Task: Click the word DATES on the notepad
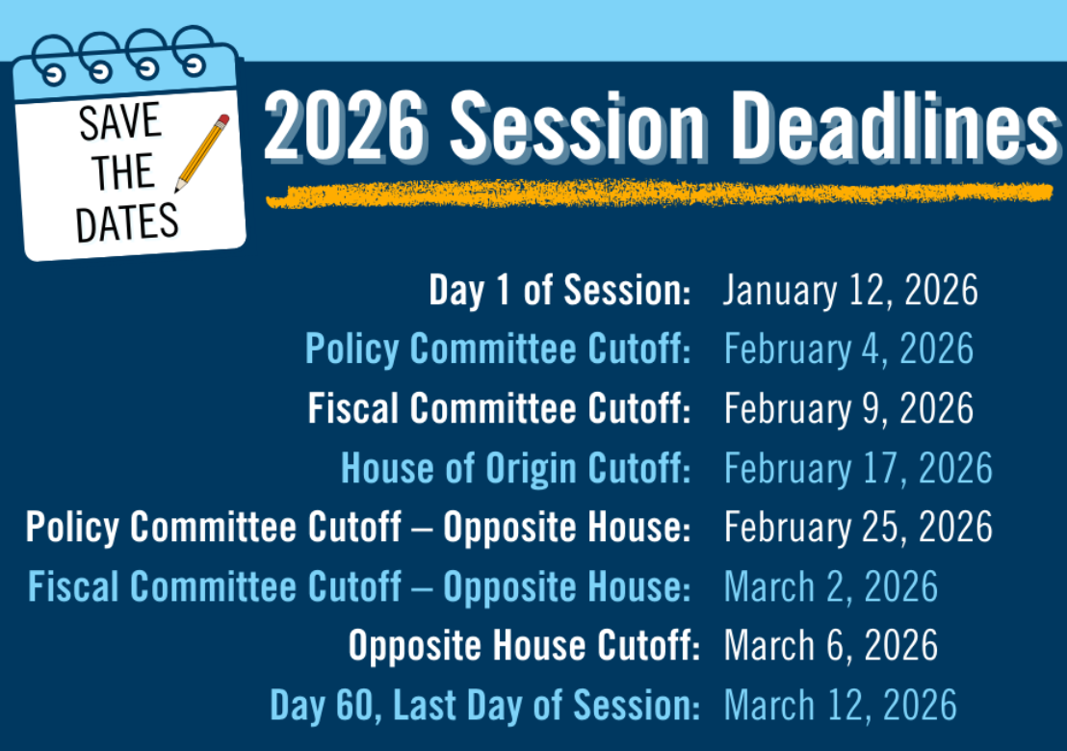pos(127,223)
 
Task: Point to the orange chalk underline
pos(659,194)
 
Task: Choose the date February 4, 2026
pos(847,350)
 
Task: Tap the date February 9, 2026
pos(847,409)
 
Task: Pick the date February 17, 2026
pos(857,469)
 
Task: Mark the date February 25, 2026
pos(857,528)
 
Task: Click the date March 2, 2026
pos(830,587)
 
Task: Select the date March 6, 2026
pos(830,646)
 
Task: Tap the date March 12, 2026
pos(840,706)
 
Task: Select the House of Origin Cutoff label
pos(516,469)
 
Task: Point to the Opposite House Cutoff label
pos(523,646)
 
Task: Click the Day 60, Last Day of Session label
pos(484,706)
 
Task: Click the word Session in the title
pos(578,129)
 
